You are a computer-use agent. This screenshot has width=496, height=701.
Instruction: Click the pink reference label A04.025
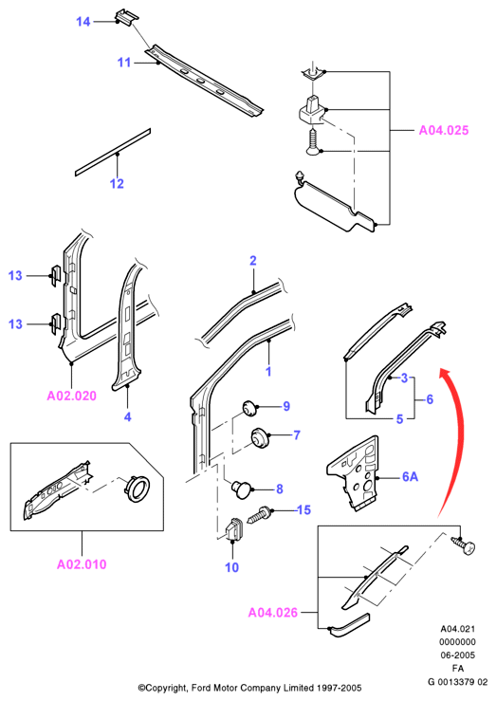[444, 130]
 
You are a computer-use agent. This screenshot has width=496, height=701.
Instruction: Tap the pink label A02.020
[71, 396]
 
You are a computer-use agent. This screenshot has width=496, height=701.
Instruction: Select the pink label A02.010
[82, 564]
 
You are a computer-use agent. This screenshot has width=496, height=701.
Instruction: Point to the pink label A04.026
[272, 613]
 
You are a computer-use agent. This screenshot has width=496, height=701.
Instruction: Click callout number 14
[83, 22]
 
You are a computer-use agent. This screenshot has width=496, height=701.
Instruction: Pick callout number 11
[124, 63]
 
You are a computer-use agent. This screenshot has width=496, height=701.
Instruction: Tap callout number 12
[117, 183]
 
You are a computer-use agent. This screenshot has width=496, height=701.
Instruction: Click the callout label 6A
[411, 476]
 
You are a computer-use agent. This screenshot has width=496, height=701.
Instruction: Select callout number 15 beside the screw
[303, 509]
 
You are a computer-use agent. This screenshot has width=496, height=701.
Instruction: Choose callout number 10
[231, 567]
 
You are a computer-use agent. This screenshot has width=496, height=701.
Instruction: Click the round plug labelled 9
[249, 408]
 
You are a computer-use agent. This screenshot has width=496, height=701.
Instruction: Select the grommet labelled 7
[259, 436]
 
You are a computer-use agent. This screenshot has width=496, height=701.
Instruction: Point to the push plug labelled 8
[242, 489]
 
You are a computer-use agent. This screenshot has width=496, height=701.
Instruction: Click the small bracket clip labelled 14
[126, 17]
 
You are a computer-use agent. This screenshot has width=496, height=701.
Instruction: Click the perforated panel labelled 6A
[354, 474]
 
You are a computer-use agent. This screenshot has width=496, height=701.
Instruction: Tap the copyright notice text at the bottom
[249, 688]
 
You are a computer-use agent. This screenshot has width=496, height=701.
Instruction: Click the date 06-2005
[457, 655]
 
